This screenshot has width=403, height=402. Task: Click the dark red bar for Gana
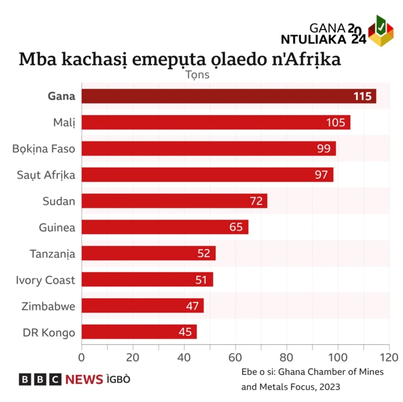[229, 96]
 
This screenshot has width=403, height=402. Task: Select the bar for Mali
[215, 122]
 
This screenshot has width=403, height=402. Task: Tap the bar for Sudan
[174, 201]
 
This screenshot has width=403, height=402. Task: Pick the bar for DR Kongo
[139, 332]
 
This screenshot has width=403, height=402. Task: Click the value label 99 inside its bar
[324, 148]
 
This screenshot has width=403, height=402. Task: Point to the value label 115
[362, 96]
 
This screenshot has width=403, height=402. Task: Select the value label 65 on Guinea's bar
[236, 226]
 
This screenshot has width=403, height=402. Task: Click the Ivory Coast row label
[45, 280]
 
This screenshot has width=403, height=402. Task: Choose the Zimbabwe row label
[48, 306]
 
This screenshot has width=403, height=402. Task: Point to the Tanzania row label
[52, 254]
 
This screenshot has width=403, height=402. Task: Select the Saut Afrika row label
[45, 175]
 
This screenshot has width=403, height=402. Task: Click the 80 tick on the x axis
[287, 357]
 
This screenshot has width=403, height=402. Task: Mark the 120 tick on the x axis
[389, 357]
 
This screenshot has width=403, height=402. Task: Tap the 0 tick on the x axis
[81, 357]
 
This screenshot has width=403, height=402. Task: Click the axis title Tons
[197, 74]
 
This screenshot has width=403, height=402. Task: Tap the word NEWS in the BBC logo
[84, 379]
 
